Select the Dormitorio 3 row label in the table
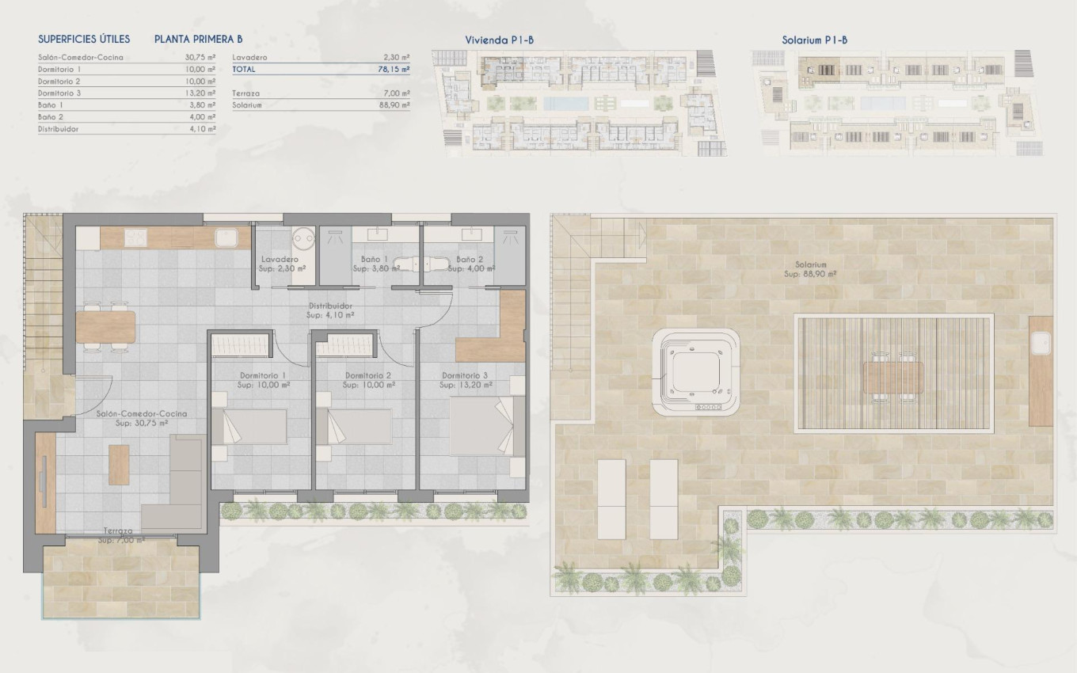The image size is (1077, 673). (x=59, y=93)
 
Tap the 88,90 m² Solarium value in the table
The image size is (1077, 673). (x=394, y=105)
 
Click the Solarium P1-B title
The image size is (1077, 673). (x=815, y=40)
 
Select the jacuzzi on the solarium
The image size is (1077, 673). (x=696, y=372)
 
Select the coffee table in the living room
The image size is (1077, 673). (x=119, y=465)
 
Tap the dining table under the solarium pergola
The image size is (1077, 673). (x=892, y=377)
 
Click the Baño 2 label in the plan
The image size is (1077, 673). (x=469, y=260)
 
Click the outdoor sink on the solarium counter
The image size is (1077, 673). (x=1040, y=342)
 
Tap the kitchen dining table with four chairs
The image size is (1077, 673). (x=105, y=325)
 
